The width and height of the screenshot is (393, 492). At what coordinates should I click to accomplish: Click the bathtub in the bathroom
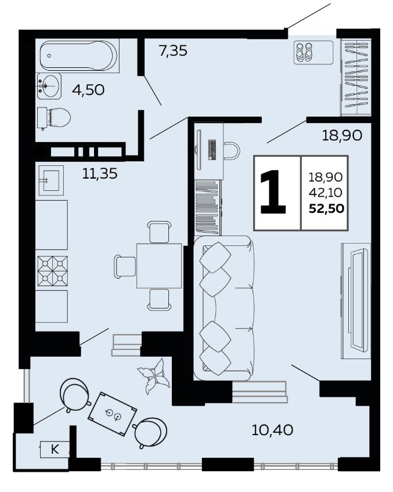click(x=79, y=56)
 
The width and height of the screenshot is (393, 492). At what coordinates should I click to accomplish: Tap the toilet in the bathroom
click(x=53, y=118)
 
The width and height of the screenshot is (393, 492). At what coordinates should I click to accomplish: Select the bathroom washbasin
click(x=49, y=86)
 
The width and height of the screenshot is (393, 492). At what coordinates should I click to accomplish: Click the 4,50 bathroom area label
click(x=88, y=91)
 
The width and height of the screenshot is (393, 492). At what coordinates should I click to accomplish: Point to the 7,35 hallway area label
click(x=173, y=51)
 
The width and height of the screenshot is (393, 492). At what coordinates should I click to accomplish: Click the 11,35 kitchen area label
click(x=100, y=173)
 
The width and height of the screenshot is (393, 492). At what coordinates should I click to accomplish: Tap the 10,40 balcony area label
click(x=272, y=430)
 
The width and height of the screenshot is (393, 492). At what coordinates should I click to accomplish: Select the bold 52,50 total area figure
click(x=326, y=208)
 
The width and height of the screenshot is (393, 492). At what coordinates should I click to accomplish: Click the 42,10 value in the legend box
click(x=326, y=193)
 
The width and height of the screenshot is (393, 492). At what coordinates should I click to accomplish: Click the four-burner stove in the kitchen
click(x=52, y=271)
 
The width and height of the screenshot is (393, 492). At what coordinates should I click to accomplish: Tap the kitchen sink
click(x=51, y=180)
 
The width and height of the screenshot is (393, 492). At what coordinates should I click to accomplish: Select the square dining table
click(x=159, y=266)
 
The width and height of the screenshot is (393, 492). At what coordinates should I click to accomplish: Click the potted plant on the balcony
click(x=154, y=375)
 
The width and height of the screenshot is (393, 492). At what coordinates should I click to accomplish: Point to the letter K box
click(x=55, y=449)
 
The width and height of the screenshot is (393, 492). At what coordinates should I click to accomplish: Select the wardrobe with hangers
click(x=356, y=77)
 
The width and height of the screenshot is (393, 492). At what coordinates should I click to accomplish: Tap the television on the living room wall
click(x=357, y=301)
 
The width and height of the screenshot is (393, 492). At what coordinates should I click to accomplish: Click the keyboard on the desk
click(x=212, y=149)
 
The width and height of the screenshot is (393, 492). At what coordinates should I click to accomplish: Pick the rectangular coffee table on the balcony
click(x=113, y=414)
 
